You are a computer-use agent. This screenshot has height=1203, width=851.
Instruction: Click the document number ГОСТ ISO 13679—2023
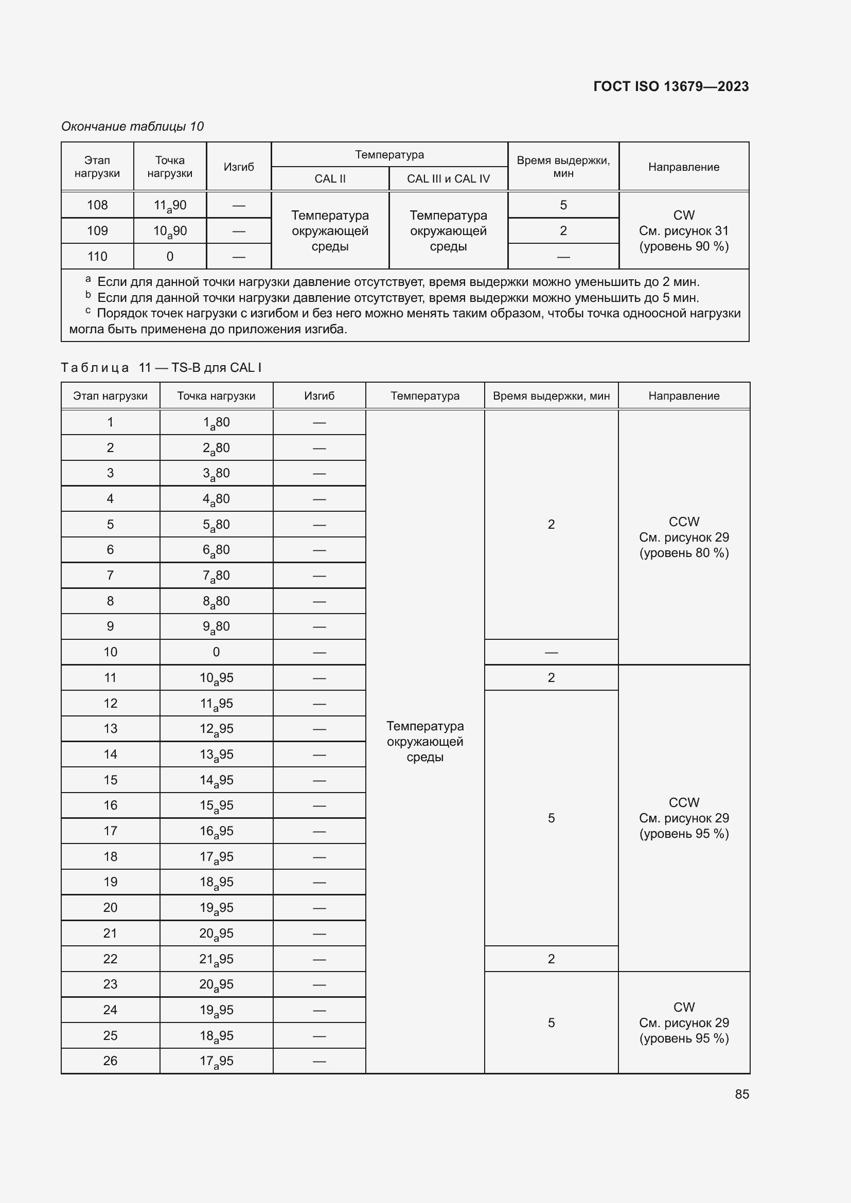click(671, 86)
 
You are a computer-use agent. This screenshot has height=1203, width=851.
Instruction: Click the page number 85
click(741, 1094)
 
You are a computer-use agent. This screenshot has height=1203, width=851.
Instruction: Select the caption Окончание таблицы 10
click(133, 127)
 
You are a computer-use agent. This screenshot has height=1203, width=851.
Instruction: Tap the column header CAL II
click(330, 178)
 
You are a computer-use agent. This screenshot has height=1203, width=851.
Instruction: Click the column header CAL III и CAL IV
click(448, 178)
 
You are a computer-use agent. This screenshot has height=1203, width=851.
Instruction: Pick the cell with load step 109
click(97, 230)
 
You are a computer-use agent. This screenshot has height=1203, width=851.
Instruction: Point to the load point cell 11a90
click(170, 205)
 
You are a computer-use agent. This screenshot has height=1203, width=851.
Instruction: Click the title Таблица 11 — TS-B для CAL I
click(162, 367)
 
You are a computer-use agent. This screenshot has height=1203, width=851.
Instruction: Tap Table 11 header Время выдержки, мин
click(551, 396)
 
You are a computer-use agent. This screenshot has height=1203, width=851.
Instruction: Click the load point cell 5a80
click(216, 525)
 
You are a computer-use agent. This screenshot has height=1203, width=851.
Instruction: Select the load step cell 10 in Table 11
click(110, 652)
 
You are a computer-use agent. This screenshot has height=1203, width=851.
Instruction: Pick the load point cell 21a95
click(216, 959)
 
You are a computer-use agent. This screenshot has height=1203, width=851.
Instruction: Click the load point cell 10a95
click(216, 677)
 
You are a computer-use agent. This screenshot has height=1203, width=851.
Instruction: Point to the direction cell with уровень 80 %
click(684, 537)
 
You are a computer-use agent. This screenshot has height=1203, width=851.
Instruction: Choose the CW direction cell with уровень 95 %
click(684, 1022)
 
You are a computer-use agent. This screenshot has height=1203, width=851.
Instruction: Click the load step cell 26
click(110, 1061)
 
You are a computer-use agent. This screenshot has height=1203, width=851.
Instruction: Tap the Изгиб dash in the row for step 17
click(319, 831)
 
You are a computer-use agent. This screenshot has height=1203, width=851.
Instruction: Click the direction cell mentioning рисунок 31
click(684, 230)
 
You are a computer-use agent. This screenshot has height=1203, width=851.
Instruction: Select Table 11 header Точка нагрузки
click(216, 396)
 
